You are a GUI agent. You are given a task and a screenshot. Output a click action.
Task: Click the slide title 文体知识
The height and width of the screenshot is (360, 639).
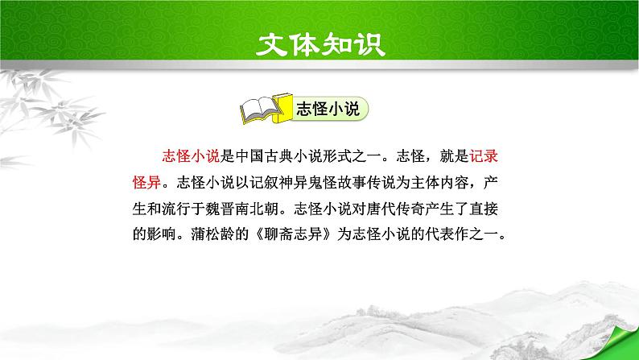[x=319, y=42]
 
